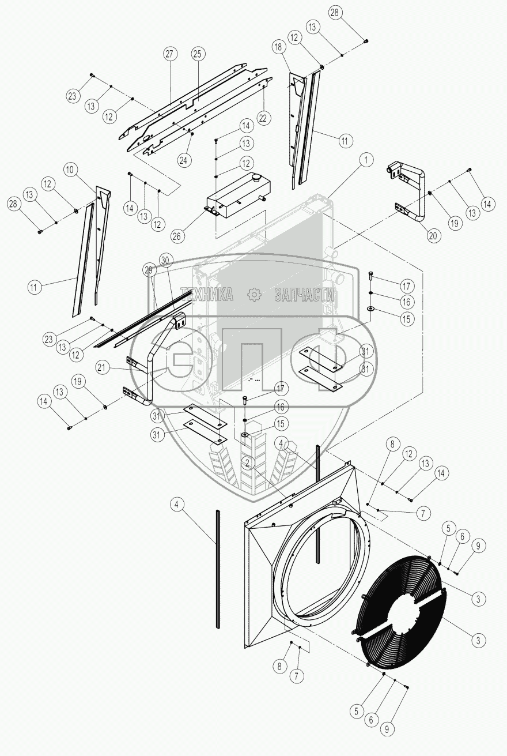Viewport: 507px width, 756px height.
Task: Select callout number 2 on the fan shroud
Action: click(x=248, y=462)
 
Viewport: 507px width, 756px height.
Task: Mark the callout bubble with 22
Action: click(x=263, y=118)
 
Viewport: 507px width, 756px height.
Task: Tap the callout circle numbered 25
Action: click(x=198, y=54)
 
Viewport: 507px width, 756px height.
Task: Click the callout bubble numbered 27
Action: click(x=170, y=54)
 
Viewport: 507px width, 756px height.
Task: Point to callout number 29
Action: click(x=149, y=270)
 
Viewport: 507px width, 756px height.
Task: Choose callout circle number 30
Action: click(x=167, y=261)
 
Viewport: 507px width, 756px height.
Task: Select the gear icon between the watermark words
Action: click(x=254, y=295)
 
